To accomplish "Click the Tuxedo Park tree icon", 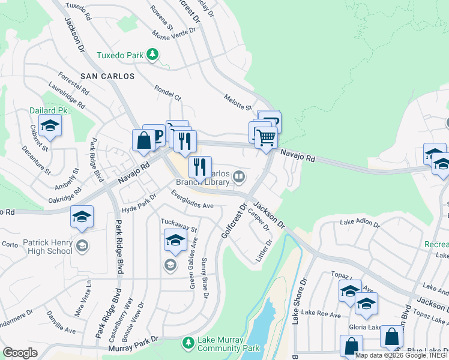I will [x=153, y=55].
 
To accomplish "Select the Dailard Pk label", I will [x=49, y=110].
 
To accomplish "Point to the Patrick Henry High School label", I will [x=47, y=247].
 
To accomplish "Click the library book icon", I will [x=239, y=176].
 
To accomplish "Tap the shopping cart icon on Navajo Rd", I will [x=266, y=137].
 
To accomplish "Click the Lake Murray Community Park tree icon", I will [x=188, y=342].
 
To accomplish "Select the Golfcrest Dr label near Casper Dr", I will [x=234, y=222].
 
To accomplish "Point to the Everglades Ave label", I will [x=192, y=200].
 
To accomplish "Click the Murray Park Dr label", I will [x=133, y=343].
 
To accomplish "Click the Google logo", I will [x=20, y=353].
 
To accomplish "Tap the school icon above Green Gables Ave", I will [x=175, y=241].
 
